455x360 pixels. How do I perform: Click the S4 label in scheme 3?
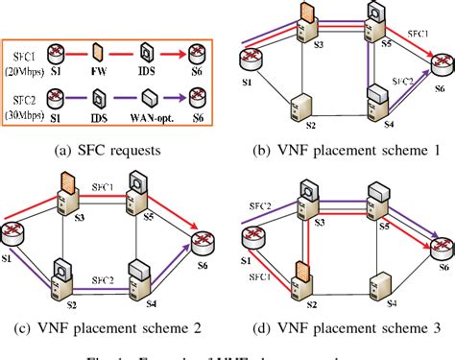(391, 303)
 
